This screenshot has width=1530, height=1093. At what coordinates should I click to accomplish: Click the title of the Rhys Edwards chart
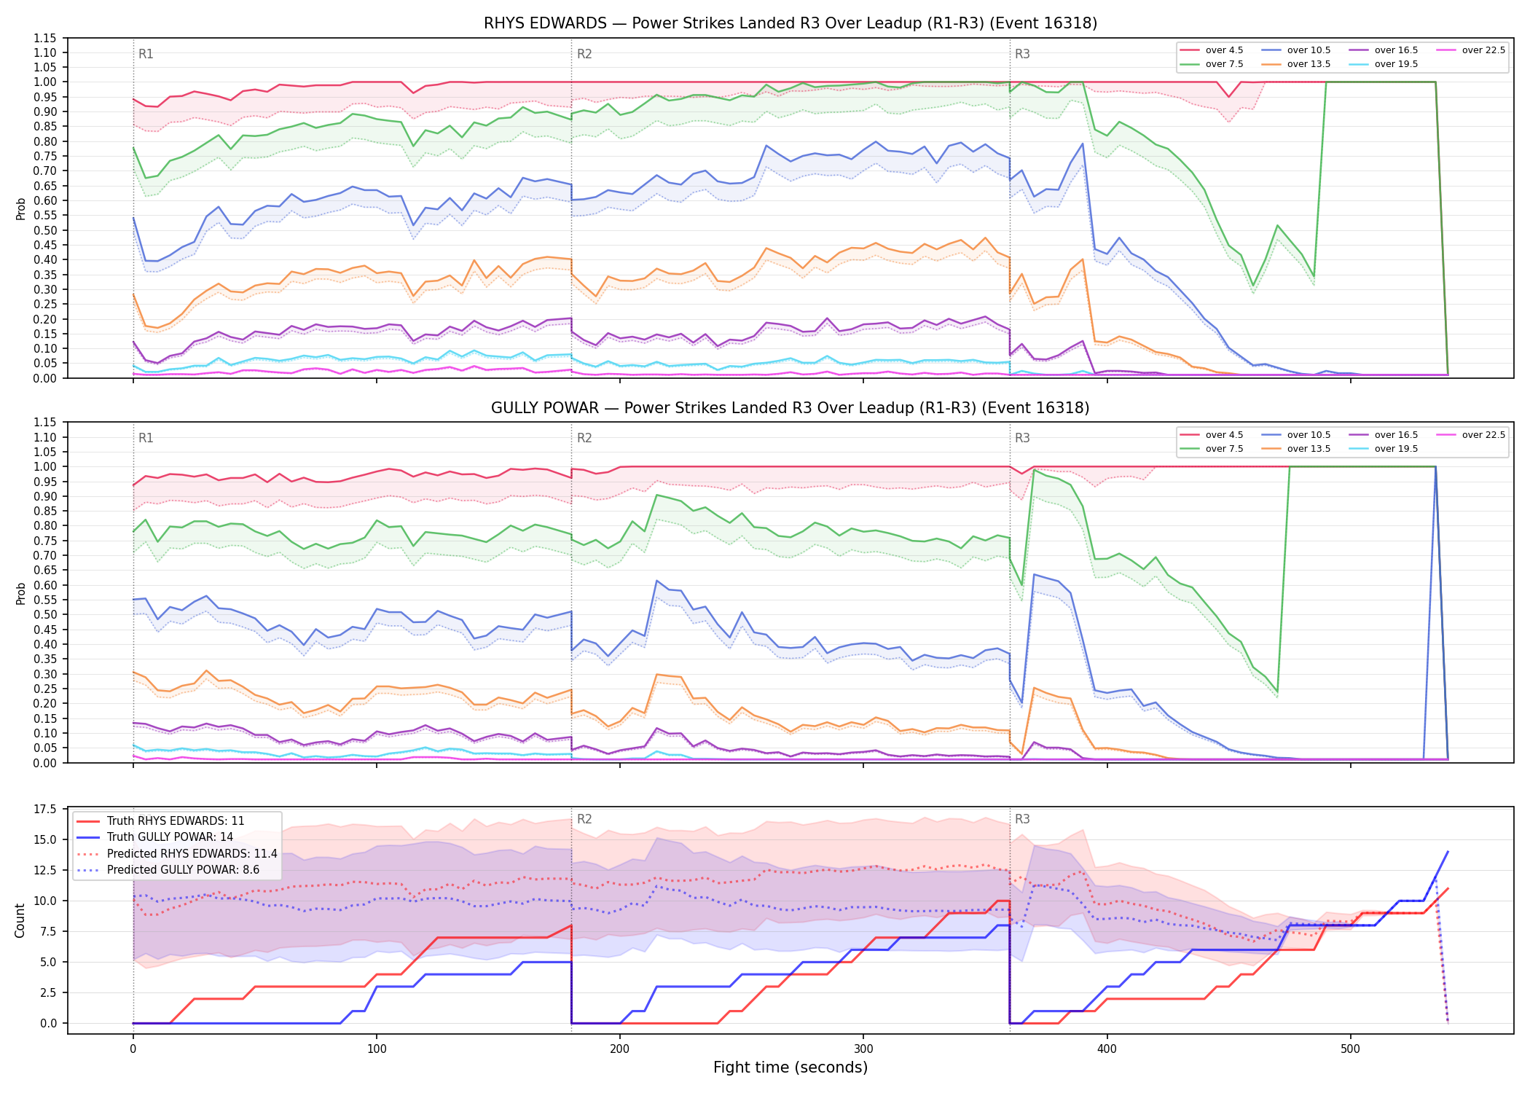(790, 23)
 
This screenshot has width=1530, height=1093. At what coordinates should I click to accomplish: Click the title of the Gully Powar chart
(790, 408)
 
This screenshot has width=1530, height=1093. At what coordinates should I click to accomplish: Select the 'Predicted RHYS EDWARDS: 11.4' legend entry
(177, 853)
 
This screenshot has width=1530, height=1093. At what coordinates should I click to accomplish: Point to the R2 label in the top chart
(584, 54)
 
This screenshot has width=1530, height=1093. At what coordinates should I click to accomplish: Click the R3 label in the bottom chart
(1022, 819)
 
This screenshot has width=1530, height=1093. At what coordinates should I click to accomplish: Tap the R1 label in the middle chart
(146, 438)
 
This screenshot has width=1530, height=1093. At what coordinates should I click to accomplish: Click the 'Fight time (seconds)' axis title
(790, 1067)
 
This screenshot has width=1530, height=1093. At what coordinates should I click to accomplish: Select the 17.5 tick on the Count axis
(45, 810)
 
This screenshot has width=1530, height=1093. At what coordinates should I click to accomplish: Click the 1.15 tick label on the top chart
(45, 38)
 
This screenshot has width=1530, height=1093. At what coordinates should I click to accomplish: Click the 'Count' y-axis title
(20, 920)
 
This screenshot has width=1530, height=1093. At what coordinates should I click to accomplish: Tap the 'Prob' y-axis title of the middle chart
(20, 593)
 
